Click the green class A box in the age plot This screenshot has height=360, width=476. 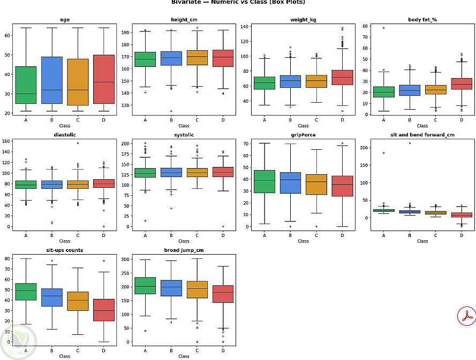(26, 85)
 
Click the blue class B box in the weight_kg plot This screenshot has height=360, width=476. (290, 81)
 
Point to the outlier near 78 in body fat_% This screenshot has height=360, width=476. (383, 28)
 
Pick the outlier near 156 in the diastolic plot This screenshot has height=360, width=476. (78, 143)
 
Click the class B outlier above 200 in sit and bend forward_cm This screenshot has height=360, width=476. (410, 143)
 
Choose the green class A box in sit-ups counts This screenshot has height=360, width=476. (26, 292)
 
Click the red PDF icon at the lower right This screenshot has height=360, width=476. (467, 316)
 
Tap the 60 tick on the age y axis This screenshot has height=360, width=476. (8, 35)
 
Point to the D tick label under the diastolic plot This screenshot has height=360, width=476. (104, 235)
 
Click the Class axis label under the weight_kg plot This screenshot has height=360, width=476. (303, 126)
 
